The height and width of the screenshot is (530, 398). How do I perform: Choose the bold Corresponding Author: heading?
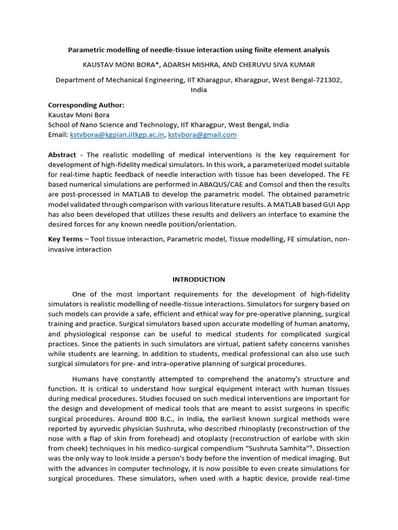pyautogui.click(x=86, y=105)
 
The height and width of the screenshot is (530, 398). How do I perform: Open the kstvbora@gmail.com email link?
pyautogui.click(x=203, y=135)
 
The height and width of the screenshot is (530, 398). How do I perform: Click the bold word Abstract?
pyautogui.click(x=62, y=155)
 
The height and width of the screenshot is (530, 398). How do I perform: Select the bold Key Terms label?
pyautogui.click(x=65, y=239)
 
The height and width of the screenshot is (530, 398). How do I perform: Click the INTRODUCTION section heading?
pyautogui.click(x=199, y=279)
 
